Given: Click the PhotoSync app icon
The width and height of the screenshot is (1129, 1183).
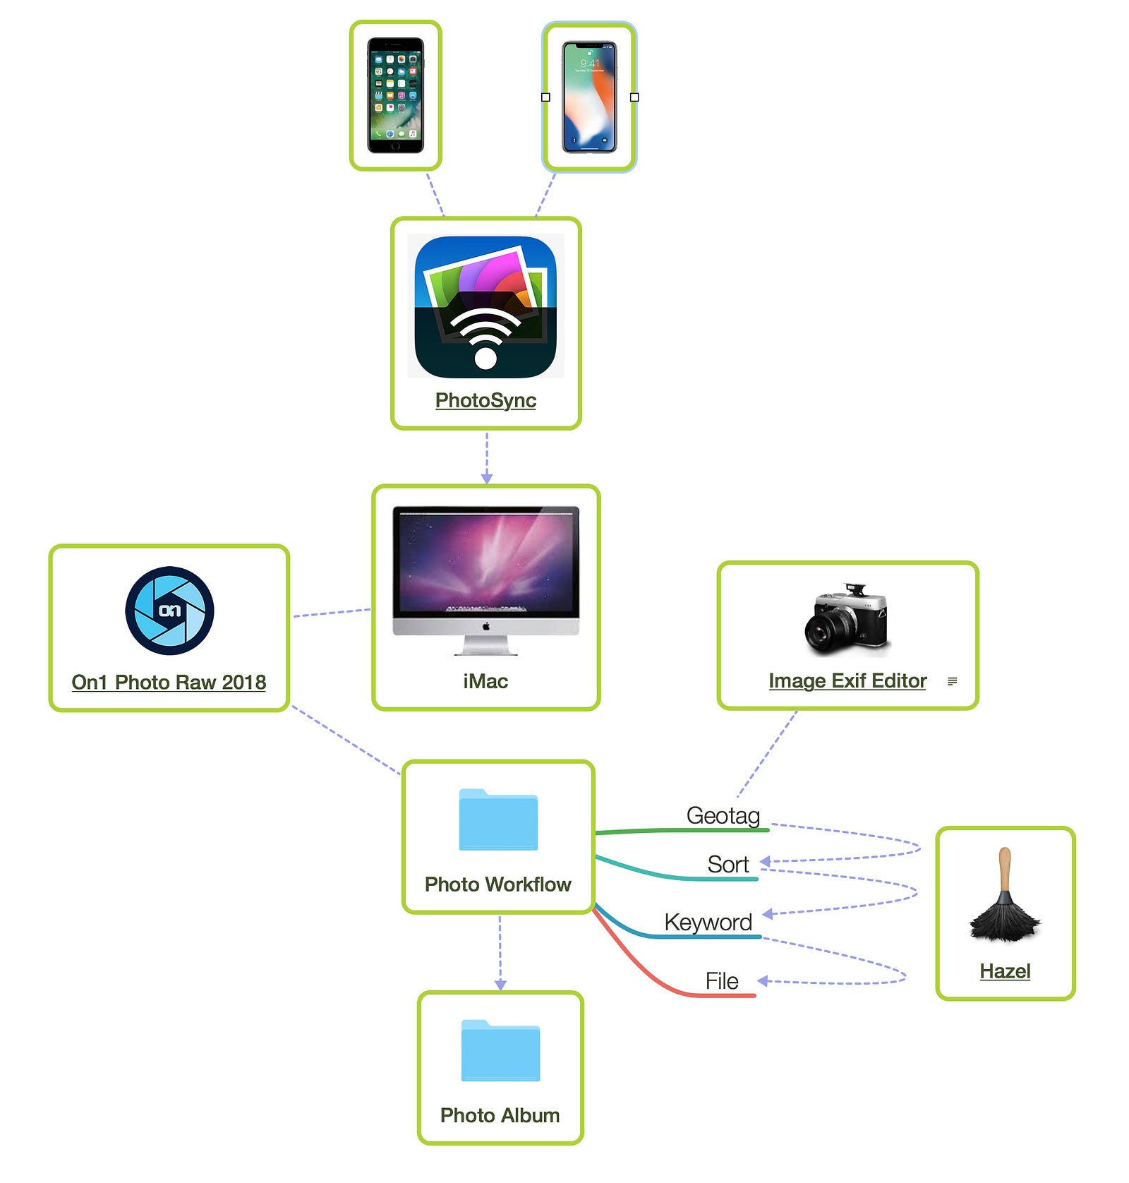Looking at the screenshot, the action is (485, 306).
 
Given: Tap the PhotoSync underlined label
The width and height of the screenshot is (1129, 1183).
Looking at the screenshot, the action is (485, 400).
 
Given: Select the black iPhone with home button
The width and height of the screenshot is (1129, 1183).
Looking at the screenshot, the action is (395, 95).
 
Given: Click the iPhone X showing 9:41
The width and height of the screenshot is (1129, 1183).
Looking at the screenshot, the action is (589, 97).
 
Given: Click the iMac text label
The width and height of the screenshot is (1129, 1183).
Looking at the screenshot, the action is (485, 681).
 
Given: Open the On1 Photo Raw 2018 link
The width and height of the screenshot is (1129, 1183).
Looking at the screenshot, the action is (169, 682).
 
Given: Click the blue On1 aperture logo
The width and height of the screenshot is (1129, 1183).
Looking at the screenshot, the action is (169, 611).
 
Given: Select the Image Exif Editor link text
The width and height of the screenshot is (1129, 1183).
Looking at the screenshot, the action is (847, 680).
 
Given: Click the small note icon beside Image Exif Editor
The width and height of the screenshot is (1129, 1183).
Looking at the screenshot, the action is (952, 681).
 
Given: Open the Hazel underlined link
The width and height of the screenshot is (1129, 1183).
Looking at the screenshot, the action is (1005, 971).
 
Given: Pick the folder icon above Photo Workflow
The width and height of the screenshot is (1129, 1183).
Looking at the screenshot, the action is (498, 819).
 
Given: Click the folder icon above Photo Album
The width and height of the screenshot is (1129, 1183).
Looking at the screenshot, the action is (500, 1050).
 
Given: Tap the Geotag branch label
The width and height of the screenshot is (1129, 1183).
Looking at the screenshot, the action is (723, 815).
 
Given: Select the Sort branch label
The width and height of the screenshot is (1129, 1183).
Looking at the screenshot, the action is (728, 864).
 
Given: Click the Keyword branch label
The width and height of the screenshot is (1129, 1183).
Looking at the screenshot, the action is (708, 922).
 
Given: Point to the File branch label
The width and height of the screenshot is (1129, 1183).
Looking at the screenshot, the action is (722, 980).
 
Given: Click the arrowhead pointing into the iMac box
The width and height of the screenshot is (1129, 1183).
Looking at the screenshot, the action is (486, 479).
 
